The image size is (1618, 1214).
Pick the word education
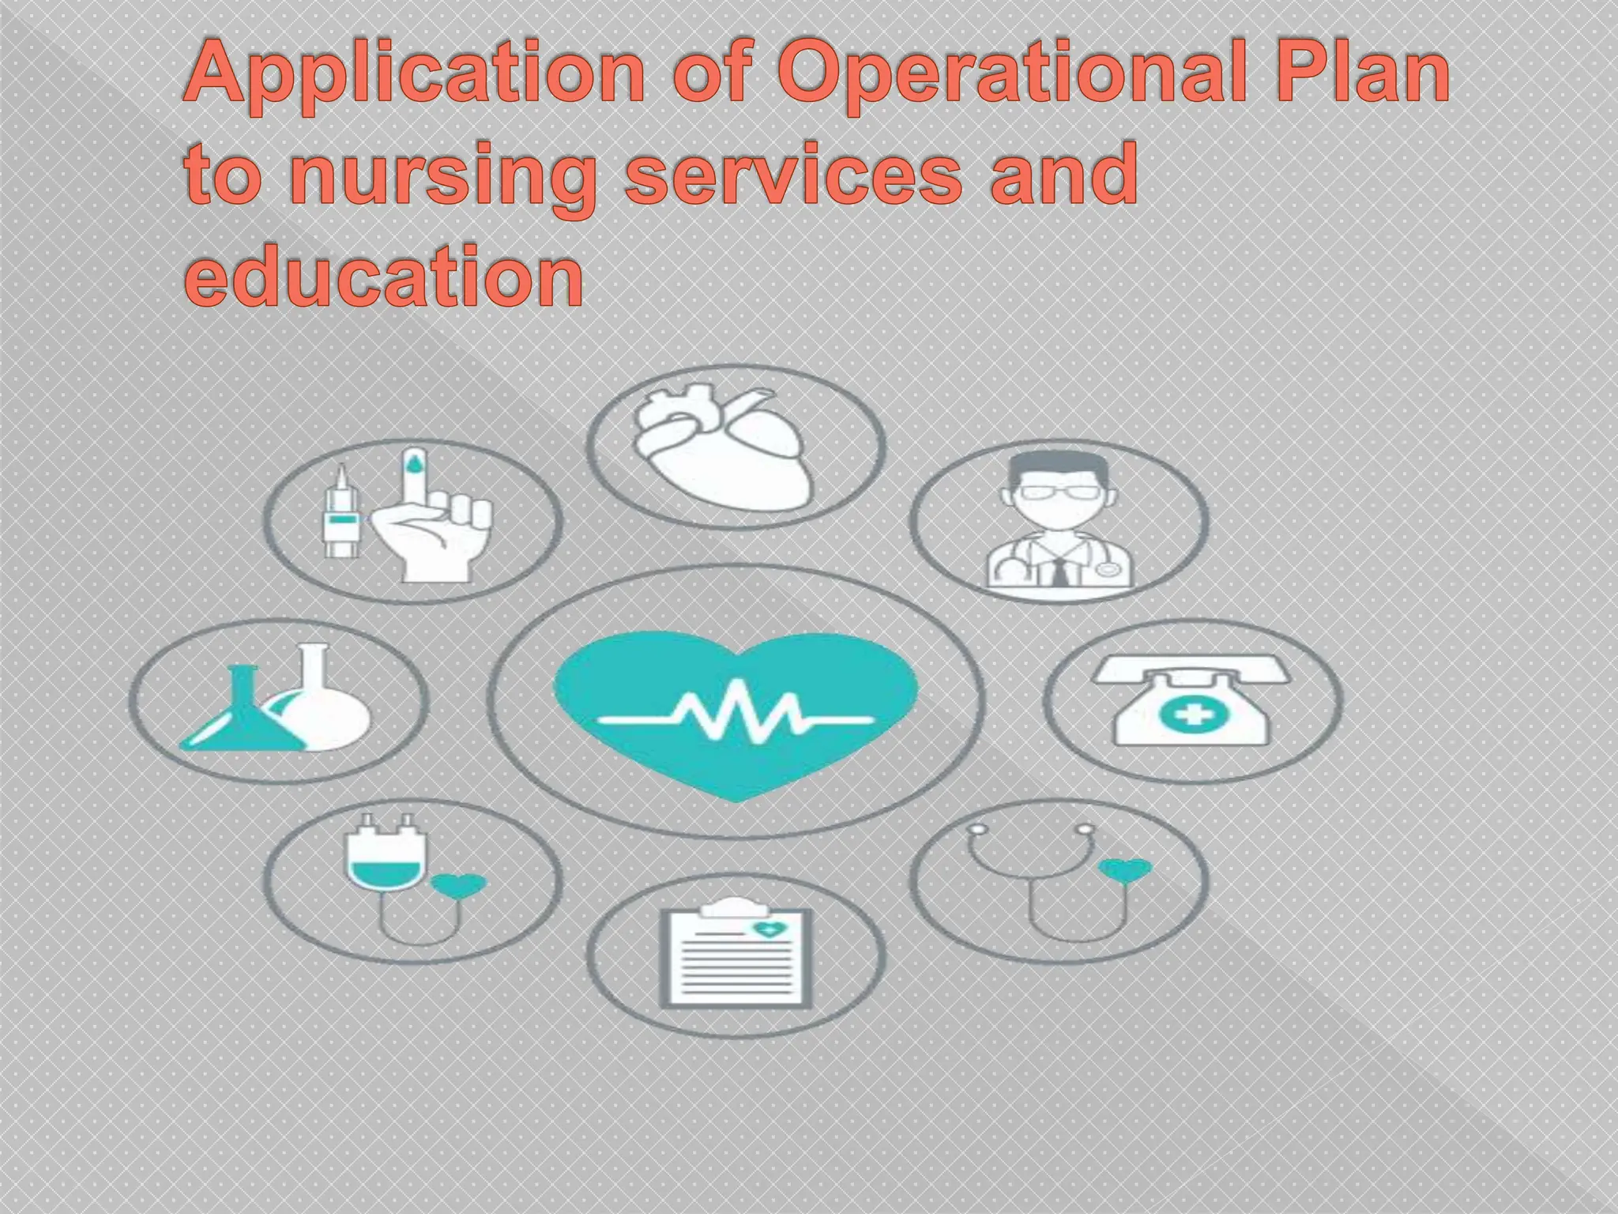coord(384,277)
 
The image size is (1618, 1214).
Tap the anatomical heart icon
coord(724,447)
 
